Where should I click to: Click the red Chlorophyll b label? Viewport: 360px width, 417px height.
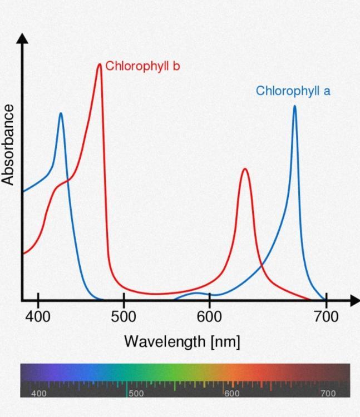(x=142, y=66)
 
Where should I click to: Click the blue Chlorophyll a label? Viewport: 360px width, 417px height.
(x=293, y=91)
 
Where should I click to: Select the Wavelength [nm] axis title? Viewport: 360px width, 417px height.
(x=182, y=341)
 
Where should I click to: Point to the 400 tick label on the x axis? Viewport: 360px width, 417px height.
(x=38, y=317)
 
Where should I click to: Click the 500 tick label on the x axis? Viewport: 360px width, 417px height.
(x=124, y=317)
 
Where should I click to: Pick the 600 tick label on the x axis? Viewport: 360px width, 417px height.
(x=209, y=317)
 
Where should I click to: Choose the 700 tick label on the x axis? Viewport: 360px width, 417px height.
(x=326, y=317)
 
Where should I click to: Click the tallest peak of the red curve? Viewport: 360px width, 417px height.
(x=100, y=64)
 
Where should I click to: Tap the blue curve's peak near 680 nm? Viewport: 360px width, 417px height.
(x=294, y=106)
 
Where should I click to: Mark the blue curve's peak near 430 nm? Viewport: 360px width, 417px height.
(x=61, y=114)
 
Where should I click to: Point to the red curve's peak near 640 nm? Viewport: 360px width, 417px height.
(x=244, y=169)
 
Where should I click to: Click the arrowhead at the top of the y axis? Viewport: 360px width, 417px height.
(x=22, y=38)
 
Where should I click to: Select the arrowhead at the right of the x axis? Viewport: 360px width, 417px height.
(x=354, y=301)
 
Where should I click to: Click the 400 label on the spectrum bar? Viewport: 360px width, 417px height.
(x=39, y=393)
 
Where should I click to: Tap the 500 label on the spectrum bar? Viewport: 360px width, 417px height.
(x=136, y=393)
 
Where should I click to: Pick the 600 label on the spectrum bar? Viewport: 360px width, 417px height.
(x=232, y=393)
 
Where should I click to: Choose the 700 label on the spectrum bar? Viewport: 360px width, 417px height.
(x=328, y=393)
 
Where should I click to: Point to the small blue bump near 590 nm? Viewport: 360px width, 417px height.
(x=196, y=292)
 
